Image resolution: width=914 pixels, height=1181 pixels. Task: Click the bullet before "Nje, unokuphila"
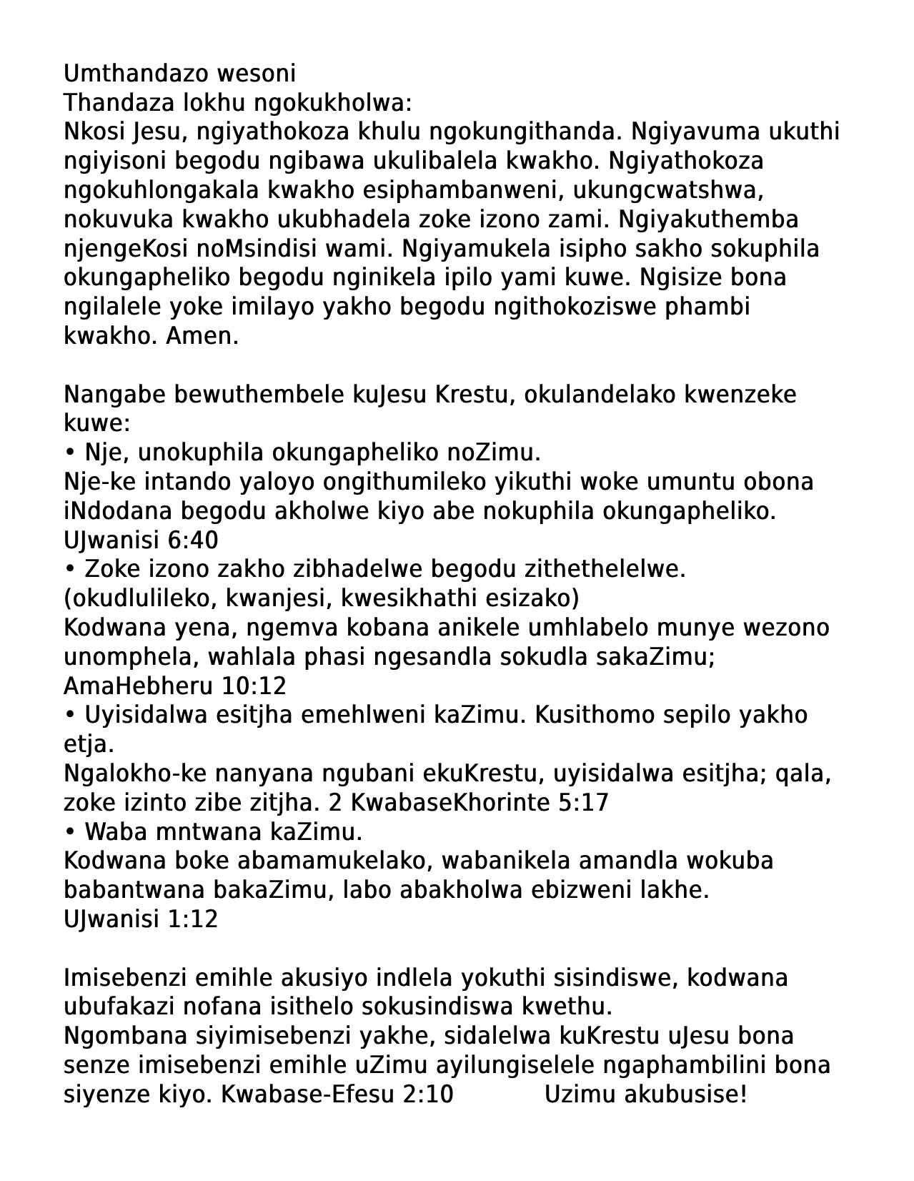[x=70, y=453]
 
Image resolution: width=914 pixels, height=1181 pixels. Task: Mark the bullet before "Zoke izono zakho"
[x=70, y=569]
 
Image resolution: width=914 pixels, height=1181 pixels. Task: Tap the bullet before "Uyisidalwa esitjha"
[x=70, y=715]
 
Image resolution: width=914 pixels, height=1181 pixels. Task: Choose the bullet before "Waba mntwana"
[x=70, y=831]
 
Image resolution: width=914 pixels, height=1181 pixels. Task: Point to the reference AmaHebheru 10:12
[x=174, y=686]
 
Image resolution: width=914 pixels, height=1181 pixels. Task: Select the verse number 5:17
[x=582, y=803]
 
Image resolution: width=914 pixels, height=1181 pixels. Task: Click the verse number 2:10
[x=427, y=1094]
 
